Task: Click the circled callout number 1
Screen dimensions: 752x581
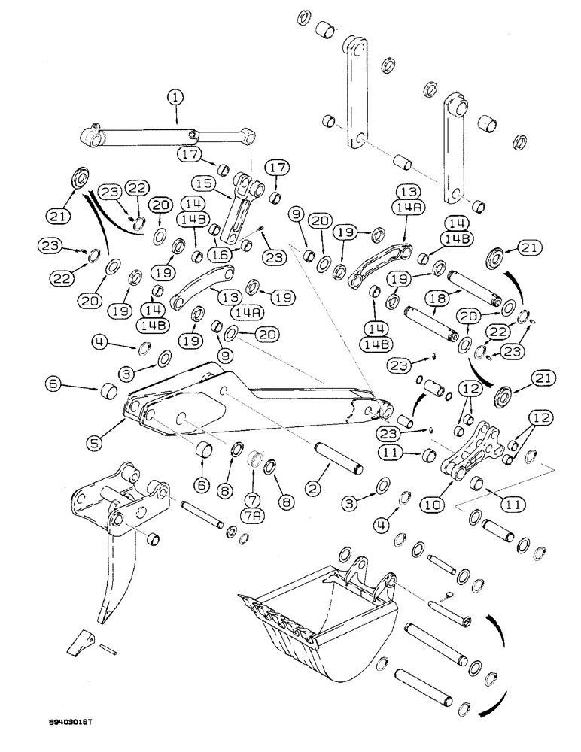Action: click(175, 96)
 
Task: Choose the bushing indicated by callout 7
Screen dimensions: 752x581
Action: click(254, 459)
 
